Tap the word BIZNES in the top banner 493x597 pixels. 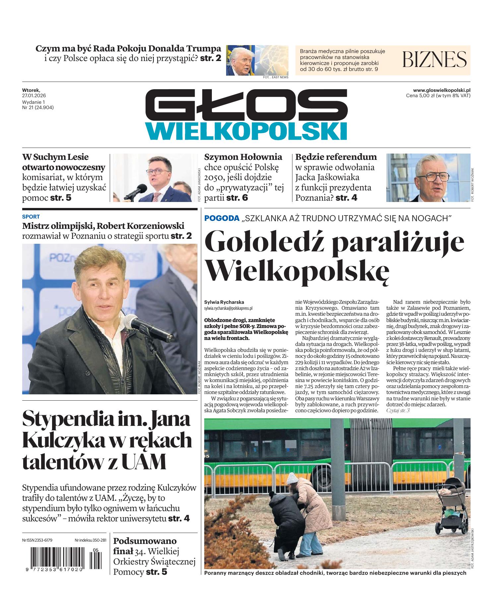434,60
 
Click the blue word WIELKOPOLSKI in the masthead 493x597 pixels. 246,131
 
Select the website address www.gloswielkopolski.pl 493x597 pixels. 442,90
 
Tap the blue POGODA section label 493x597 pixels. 222,218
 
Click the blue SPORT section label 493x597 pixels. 31,217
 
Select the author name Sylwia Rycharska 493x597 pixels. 224,302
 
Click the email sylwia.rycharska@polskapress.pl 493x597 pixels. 228,308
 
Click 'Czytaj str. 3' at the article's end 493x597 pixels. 398,411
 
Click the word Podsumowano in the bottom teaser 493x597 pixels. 145,541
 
